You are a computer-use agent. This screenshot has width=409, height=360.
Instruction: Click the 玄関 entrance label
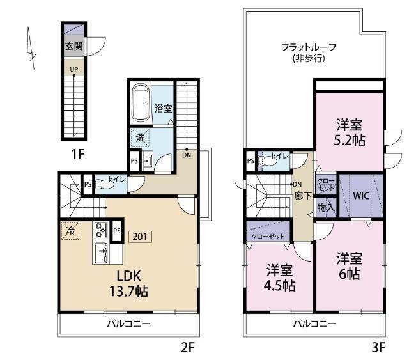click(73, 45)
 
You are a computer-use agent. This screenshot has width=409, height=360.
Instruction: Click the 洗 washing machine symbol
click(139, 137)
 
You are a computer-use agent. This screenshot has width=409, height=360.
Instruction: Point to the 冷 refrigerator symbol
click(70, 230)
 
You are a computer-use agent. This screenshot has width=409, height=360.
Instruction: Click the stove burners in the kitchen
click(101, 229)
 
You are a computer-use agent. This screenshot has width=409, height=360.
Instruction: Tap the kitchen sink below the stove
click(101, 253)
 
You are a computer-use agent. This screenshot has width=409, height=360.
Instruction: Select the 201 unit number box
click(140, 236)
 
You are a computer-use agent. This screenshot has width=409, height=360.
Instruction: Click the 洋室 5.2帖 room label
click(351, 132)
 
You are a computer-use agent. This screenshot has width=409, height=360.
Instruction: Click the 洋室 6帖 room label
click(350, 266)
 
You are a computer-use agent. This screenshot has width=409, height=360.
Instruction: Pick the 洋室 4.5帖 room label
click(280, 277)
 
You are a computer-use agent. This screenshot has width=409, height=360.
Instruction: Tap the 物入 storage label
click(325, 207)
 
